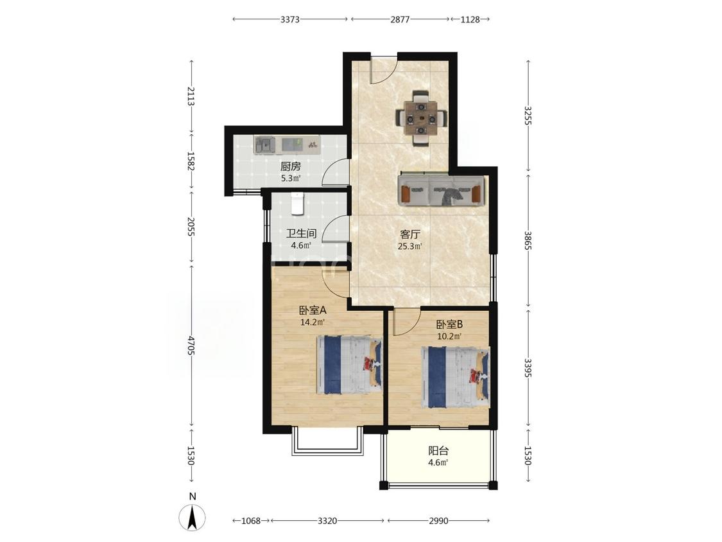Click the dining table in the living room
(x=421, y=119)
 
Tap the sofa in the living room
(x=441, y=190)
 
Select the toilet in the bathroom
(x=297, y=204)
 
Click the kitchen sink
(x=265, y=146)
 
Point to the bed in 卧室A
(x=349, y=365)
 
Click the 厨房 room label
(x=291, y=166)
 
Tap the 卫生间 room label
(x=301, y=234)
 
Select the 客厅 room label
(x=410, y=234)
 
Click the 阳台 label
(x=438, y=451)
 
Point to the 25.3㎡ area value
(x=410, y=246)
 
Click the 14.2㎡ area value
(x=313, y=322)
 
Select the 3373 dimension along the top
(x=290, y=19)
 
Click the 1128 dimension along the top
(x=470, y=19)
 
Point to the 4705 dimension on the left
(x=191, y=345)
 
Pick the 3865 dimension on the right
(x=528, y=240)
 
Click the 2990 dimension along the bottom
(x=438, y=521)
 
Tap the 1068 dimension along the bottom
(x=251, y=521)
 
